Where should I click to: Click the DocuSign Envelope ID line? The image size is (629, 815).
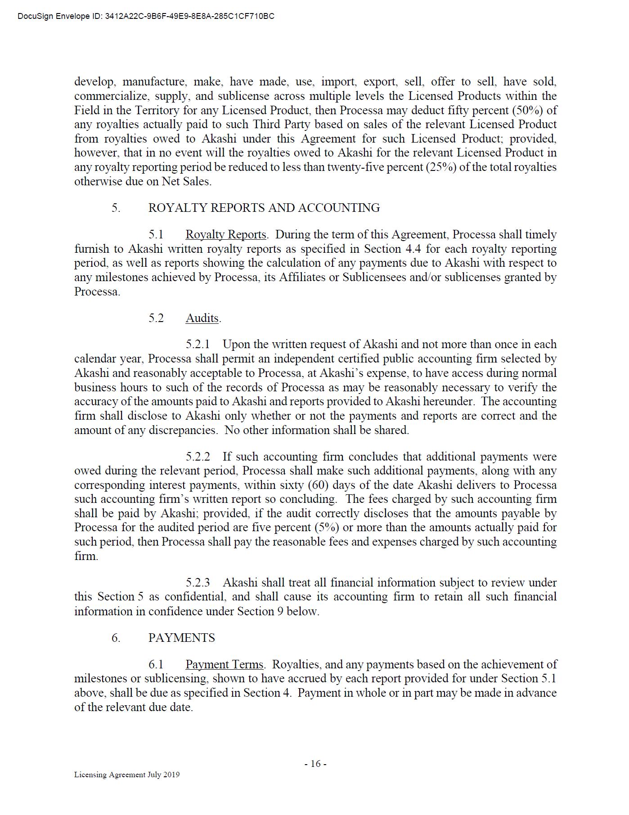click(x=146, y=17)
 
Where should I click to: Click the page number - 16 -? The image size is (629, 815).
click(x=315, y=764)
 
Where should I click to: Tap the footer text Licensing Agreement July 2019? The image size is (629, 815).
click(x=127, y=775)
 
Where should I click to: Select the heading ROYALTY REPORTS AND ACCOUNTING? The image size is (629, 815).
click(x=264, y=208)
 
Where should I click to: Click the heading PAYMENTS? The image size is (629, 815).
click(x=181, y=638)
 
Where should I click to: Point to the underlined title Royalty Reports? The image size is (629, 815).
click(x=225, y=235)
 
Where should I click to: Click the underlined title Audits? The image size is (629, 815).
click(x=202, y=318)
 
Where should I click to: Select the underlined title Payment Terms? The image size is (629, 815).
click(x=224, y=664)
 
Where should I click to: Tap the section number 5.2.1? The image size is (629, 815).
click(x=198, y=345)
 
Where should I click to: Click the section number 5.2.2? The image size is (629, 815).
click(x=198, y=457)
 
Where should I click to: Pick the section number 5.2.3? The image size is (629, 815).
click(x=198, y=582)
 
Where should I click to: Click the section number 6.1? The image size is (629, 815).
click(x=156, y=664)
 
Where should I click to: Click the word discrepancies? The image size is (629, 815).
click(x=182, y=430)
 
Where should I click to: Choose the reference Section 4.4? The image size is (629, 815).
click(x=391, y=249)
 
